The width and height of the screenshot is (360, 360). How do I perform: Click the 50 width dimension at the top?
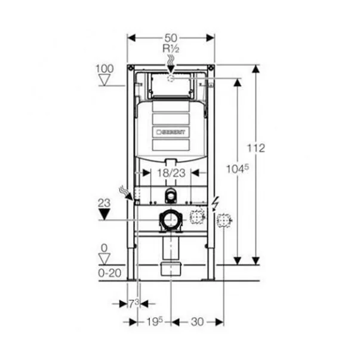click(171, 38)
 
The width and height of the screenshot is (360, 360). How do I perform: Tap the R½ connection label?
click(171, 49)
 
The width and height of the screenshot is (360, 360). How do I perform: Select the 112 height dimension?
click(256, 148)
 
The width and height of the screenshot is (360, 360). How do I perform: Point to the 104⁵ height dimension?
click(238, 170)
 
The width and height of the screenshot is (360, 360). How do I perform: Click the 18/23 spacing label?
click(171, 173)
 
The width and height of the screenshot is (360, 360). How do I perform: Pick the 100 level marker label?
click(104, 69)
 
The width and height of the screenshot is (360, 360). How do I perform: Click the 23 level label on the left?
click(104, 203)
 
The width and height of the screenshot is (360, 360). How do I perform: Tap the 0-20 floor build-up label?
click(109, 273)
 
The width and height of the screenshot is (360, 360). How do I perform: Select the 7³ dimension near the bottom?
click(134, 304)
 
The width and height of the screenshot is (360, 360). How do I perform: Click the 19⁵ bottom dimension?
click(154, 322)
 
